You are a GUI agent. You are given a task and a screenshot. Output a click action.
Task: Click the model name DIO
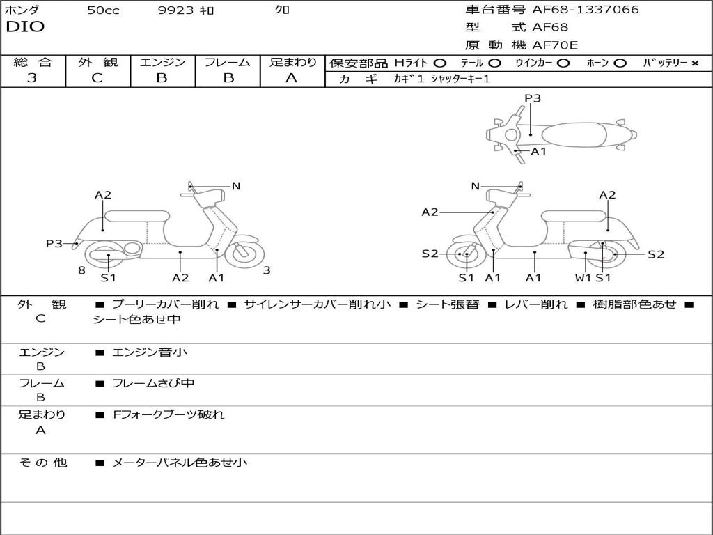point(25,27)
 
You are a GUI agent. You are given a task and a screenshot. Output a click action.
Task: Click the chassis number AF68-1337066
point(585,10)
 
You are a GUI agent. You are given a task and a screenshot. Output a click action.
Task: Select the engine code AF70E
point(555,45)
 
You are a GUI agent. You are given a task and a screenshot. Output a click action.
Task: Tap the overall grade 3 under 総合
point(32,78)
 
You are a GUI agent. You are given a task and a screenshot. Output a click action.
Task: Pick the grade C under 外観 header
point(97,78)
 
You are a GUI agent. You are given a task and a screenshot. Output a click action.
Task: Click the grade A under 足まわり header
point(292,78)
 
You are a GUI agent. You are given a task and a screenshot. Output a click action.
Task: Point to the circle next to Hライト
point(440,63)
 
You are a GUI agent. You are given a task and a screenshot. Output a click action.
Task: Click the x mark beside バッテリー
point(694,63)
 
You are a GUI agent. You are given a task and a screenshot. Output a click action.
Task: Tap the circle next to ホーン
point(619,63)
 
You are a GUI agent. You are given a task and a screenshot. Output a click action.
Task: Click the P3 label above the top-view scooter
point(533,98)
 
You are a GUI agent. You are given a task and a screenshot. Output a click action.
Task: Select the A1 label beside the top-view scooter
point(538,151)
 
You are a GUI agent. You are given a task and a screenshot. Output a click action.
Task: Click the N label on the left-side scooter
point(235,186)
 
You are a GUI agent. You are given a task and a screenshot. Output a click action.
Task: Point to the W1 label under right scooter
point(583,277)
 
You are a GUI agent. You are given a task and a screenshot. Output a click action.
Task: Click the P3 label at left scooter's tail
point(54,243)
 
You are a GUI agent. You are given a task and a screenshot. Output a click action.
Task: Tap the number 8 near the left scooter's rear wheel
point(81,271)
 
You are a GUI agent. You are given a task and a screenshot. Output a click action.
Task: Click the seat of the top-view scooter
point(574,135)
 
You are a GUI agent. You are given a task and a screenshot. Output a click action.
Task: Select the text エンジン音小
point(149,352)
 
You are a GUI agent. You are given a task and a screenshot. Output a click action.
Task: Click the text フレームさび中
point(153,384)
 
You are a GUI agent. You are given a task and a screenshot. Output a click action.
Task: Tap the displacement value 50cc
point(103,10)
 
